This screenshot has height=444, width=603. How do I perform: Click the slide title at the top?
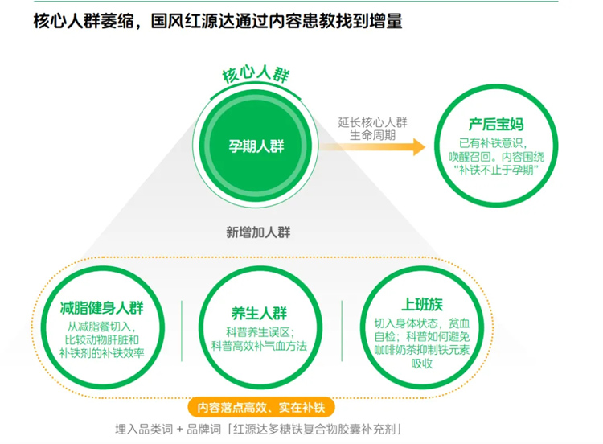point(218,21)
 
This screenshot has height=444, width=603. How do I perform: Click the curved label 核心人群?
point(256,76)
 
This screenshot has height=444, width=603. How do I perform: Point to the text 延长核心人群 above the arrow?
point(373,122)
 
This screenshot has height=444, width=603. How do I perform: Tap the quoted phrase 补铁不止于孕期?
point(497,171)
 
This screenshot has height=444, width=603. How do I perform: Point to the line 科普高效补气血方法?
point(259,345)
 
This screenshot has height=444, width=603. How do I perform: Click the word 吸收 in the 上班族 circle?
point(422,363)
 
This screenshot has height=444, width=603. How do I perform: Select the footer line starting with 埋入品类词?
point(257,428)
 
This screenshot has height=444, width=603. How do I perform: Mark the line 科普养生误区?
point(259,331)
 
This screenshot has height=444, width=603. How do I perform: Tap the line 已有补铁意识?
point(497,142)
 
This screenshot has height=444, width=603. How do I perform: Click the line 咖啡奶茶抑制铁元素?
point(422,348)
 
